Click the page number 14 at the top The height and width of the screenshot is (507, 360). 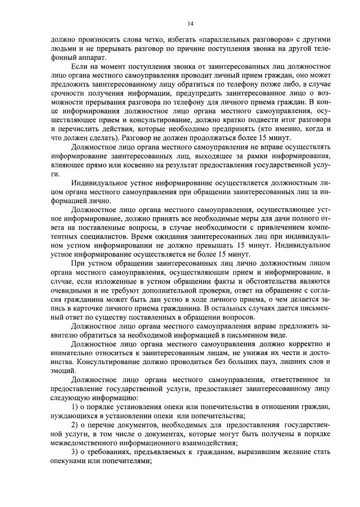pos(191,23)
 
